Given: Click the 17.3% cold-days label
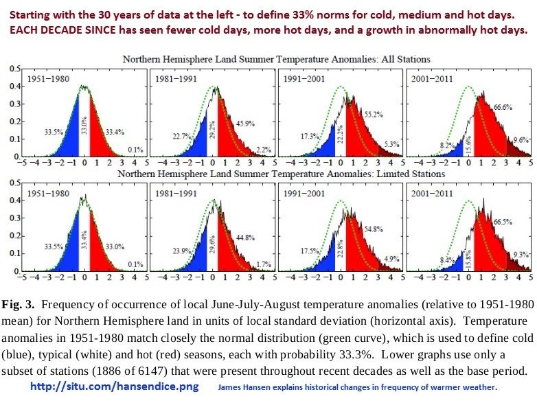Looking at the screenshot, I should tap(310, 137).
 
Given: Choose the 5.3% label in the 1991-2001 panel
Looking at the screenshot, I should tap(390, 144).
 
